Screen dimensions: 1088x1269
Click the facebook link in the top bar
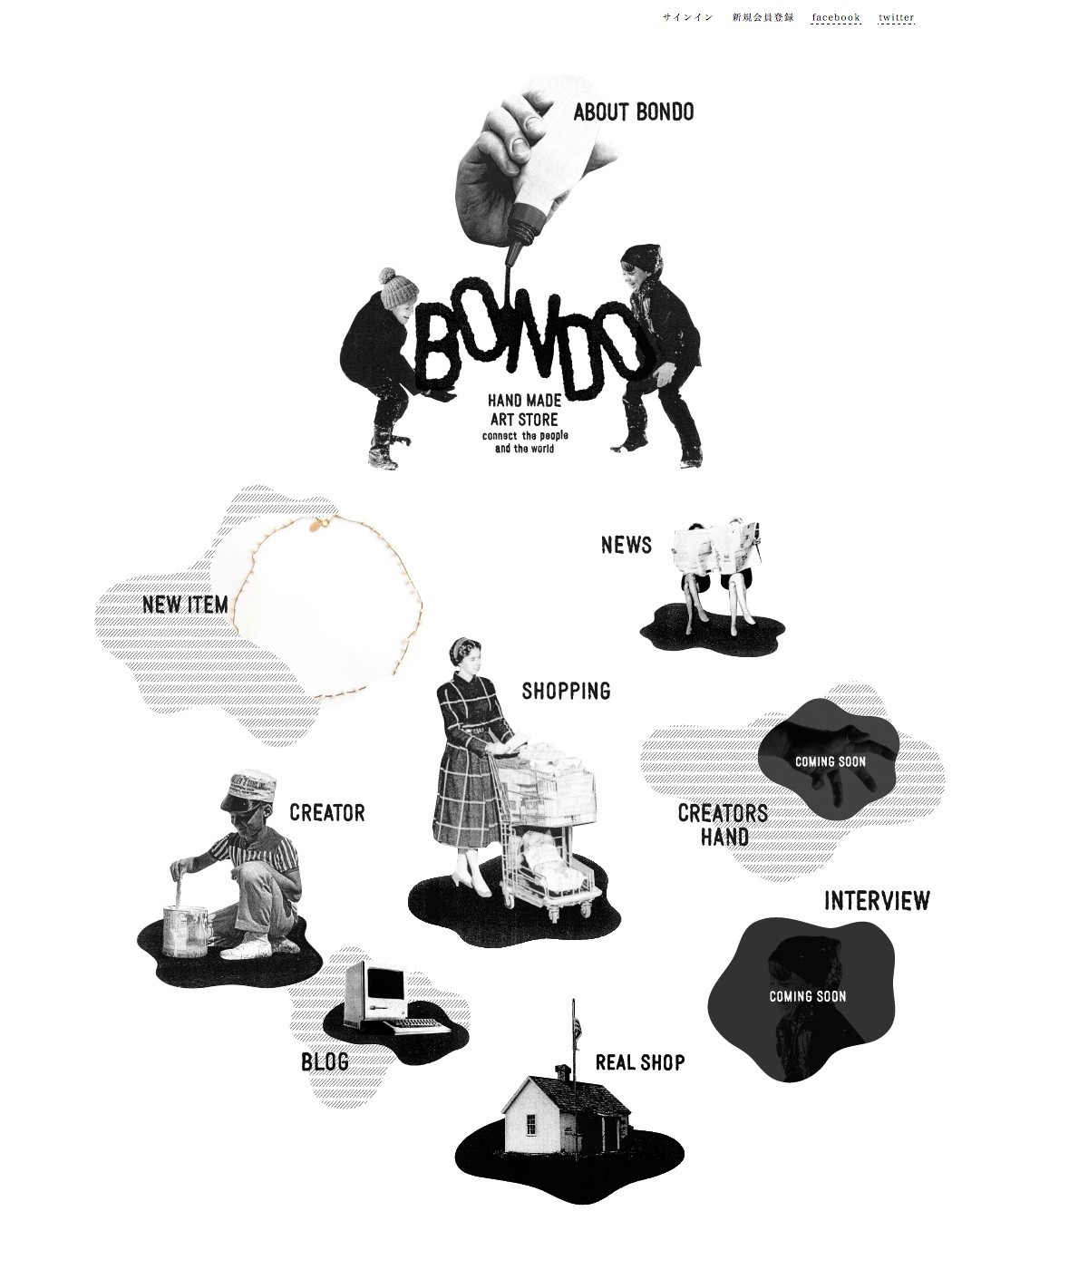[x=836, y=17]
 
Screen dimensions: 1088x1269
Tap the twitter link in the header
[x=897, y=17]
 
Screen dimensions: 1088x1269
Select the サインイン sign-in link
[x=687, y=17]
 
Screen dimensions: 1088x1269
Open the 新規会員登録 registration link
[x=763, y=17]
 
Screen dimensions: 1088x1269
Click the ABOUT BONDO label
[x=634, y=112]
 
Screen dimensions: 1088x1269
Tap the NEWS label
[x=627, y=545]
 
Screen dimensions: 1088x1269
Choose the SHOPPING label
[x=566, y=691]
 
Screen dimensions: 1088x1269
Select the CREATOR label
[x=327, y=812]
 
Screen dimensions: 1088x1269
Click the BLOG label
[x=325, y=1061]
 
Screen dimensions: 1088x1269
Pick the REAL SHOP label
[x=640, y=1062]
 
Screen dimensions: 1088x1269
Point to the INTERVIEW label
[x=877, y=901]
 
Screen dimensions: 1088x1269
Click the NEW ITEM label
[x=186, y=605]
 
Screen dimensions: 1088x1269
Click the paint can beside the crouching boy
[x=186, y=931]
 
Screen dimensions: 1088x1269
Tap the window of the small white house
[x=529, y=1123]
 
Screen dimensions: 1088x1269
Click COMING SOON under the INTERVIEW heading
[x=808, y=996]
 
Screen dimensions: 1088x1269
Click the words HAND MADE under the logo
[x=524, y=401]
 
